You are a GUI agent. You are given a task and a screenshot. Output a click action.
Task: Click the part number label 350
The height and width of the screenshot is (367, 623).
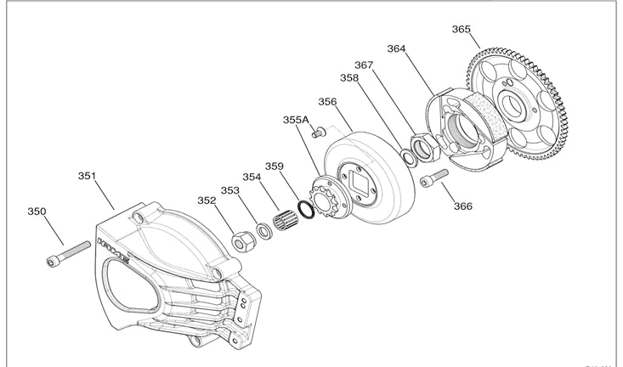tap(37, 212)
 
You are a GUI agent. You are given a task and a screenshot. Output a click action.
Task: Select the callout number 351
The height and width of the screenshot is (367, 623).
tap(87, 176)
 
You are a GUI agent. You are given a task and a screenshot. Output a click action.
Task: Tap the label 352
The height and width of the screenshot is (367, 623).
tap(207, 201)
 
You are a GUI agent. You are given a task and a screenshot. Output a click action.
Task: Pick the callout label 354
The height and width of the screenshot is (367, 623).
tap(252, 178)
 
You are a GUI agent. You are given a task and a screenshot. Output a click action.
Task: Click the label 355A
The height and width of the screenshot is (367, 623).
tap(296, 121)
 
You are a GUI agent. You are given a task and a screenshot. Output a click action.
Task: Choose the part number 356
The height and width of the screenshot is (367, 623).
tap(327, 101)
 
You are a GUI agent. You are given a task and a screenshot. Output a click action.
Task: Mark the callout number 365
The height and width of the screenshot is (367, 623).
tap(461, 29)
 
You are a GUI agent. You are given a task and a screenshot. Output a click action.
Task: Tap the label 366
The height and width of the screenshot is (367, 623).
tap(462, 206)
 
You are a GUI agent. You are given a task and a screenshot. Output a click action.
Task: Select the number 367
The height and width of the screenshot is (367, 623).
tap(364, 65)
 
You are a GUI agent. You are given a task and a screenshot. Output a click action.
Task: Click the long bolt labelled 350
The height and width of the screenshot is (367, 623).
tap(68, 252)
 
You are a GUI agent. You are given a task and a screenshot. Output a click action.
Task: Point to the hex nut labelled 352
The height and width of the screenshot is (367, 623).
tap(241, 240)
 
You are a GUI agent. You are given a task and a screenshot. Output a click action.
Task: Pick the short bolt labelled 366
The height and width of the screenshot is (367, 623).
tap(432, 179)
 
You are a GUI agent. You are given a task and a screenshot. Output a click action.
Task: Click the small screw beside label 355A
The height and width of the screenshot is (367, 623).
tap(319, 133)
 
